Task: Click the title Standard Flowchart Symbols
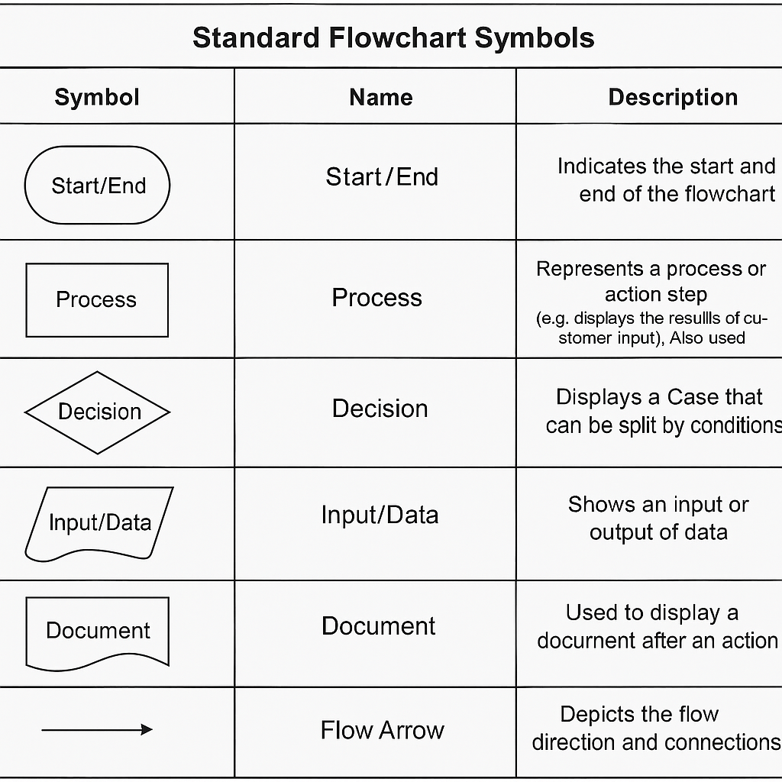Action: tap(393, 37)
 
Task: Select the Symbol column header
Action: tap(97, 97)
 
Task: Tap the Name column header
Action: tap(380, 97)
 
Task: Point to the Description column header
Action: tap(673, 97)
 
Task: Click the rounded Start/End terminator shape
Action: tap(98, 185)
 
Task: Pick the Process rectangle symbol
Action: tap(97, 299)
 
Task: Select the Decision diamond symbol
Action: tap(98, 412)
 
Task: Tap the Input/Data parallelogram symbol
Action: tap(99, 523)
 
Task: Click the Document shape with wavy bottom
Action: tap(98, 631)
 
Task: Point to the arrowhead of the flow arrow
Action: tap(147, 730)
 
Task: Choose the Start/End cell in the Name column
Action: tap(382, 177)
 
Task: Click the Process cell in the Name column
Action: tap(376, 298)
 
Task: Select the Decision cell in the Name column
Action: tap(380, 409)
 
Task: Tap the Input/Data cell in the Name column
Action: tap(380, 515)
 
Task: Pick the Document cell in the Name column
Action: tap(378, 626)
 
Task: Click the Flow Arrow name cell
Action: tap(382, 730)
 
